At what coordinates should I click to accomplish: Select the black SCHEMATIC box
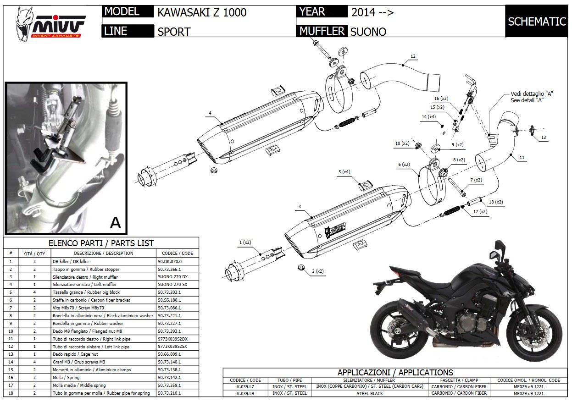[x=537, y=22]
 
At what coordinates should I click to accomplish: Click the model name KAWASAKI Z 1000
[x=202, y=12]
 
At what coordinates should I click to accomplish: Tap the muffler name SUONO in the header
[x=368, y=32]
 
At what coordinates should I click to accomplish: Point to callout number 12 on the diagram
[x=413, y=56]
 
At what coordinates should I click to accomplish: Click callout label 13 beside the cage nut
[x=543, y=137]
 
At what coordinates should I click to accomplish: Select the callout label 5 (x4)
[x=344, y=172]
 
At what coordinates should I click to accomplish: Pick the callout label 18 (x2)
[x=495, y=202]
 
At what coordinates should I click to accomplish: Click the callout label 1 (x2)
[x=245, y=242]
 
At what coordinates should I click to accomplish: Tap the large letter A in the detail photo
[x=115, y=222]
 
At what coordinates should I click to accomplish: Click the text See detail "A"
[x=527, y=100]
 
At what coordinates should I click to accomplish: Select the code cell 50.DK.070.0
[x=170, y=261]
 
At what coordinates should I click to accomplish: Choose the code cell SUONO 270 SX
[x=172, y=285]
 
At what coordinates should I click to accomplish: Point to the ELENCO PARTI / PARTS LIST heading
[x=101, y=243]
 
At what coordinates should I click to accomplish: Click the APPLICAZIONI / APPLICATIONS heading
[x=395, y=373]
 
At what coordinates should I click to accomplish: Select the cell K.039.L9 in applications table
[x=248, y=393]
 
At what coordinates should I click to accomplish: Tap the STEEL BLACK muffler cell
[x=369, y=393]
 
